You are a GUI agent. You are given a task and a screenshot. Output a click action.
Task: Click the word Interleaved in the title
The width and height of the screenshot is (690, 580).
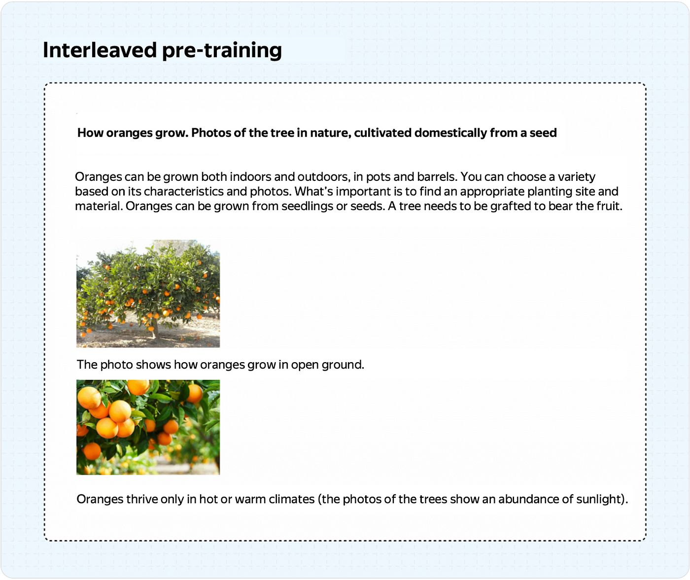(100, 50)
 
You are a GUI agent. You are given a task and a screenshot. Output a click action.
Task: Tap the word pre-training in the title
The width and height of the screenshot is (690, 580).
(222, 51)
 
